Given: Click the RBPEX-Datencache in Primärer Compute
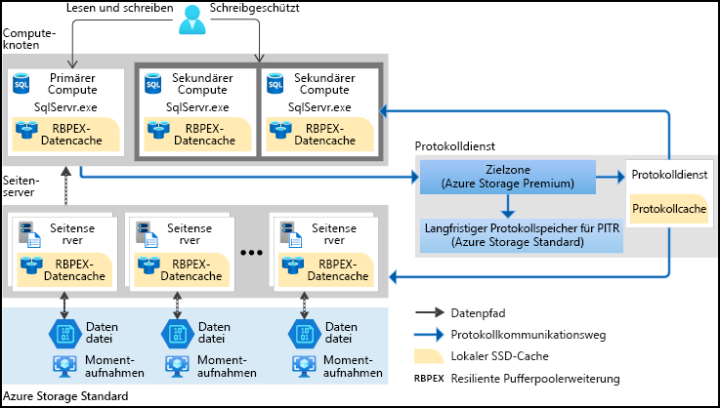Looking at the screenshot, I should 64,135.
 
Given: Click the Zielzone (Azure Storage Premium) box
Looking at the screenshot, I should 506,177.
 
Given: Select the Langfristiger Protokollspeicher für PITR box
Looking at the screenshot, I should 508,232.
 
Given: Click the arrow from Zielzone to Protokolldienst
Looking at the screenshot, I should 609,177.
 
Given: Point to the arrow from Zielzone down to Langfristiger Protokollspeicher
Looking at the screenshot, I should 506,204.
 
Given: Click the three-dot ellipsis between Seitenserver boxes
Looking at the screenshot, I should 252,252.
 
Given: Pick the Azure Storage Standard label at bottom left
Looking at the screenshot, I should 65,396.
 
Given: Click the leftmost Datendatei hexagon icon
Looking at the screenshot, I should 64,332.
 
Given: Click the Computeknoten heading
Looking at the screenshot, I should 29,39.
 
